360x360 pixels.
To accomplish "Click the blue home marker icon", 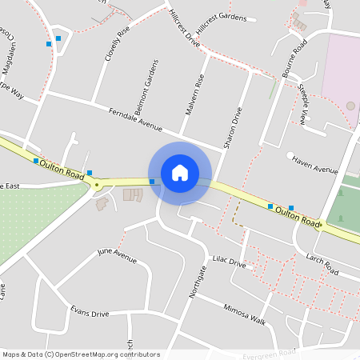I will [x=180, y=172].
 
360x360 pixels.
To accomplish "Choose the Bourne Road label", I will [x=295, y=58].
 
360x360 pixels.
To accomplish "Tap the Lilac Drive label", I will [x=228, y=262].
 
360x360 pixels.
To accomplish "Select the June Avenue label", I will [x=117, y=255].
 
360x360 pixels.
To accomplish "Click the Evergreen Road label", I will [x=270, y=352].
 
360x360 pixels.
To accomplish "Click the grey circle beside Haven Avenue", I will [x=290, y=155].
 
